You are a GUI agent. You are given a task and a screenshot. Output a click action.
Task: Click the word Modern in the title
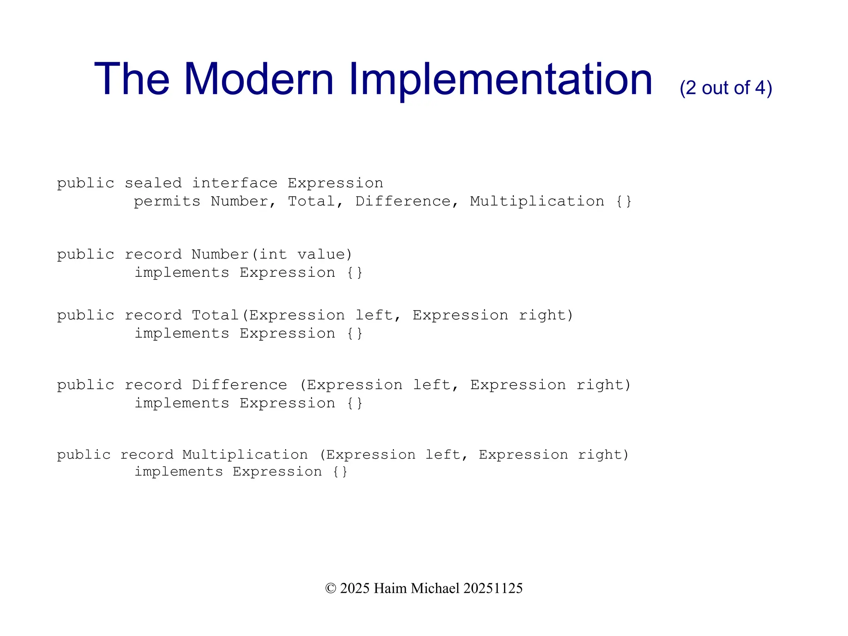[258, 79]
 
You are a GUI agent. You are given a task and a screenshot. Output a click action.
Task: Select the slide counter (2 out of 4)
[725, 88]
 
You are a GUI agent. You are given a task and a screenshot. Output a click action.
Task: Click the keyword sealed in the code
[153, 183]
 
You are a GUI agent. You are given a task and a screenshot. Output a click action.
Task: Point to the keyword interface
[234, 183]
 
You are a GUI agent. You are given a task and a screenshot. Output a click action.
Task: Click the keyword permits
[167, 201]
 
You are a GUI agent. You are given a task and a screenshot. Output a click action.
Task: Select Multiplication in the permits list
[537, 201]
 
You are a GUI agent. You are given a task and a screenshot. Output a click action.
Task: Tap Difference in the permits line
[402, 201]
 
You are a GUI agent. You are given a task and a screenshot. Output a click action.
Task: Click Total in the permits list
[311, 201]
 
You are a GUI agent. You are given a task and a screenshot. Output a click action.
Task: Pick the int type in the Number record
[272, 254]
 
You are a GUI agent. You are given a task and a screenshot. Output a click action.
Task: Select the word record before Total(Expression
[153, 315]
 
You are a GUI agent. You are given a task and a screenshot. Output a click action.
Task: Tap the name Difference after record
[239, 385]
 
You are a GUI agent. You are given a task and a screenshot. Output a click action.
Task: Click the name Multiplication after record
[245, 455]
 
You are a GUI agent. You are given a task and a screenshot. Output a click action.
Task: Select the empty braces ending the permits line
[624, 201]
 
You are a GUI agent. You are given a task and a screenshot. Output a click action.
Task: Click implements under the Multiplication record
[179, 472]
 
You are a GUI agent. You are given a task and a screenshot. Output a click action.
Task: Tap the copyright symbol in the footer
[330, 588]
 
